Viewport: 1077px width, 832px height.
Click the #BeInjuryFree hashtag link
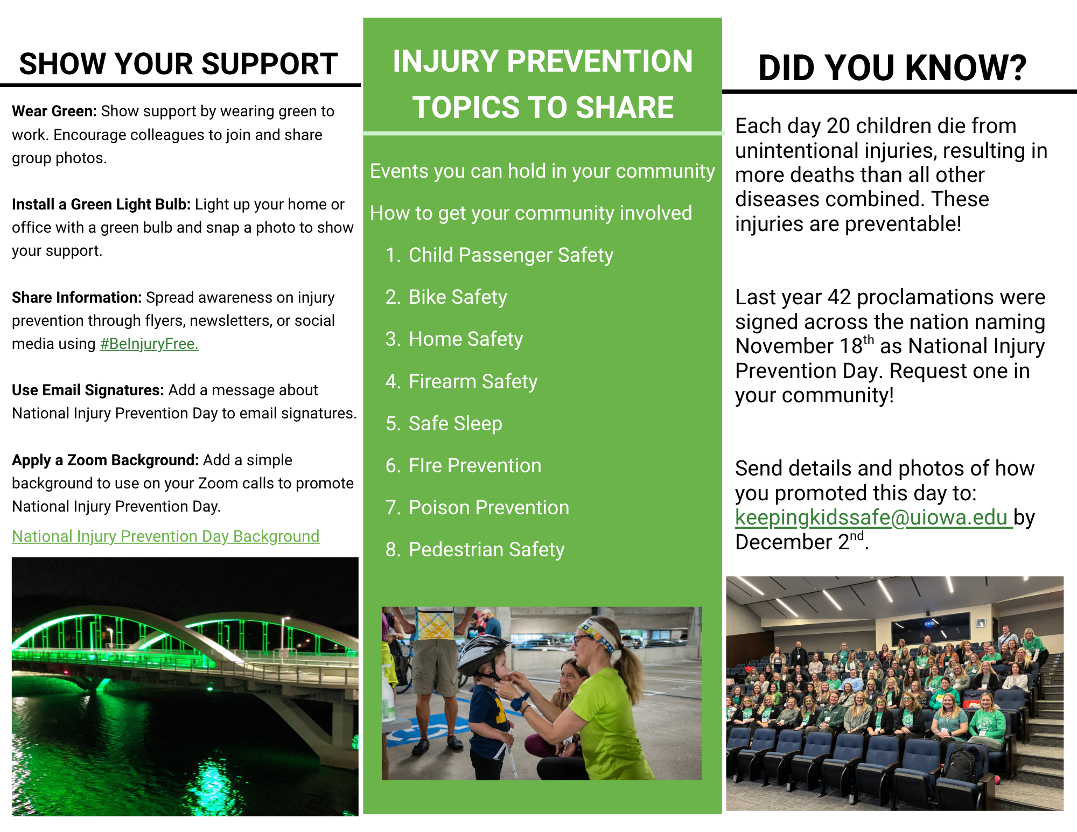149,344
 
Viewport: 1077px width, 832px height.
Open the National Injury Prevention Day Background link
166,536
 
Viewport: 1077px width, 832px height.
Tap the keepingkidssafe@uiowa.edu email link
874,518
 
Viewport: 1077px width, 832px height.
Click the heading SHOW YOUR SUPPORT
178,64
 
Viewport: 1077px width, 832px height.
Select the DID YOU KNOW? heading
892,68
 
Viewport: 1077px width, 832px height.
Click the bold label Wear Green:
54,111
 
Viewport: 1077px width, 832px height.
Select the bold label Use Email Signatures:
88,390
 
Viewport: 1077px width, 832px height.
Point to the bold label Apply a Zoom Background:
106,460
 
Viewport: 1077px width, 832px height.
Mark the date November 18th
805,346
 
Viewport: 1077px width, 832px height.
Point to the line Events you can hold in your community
542,171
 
